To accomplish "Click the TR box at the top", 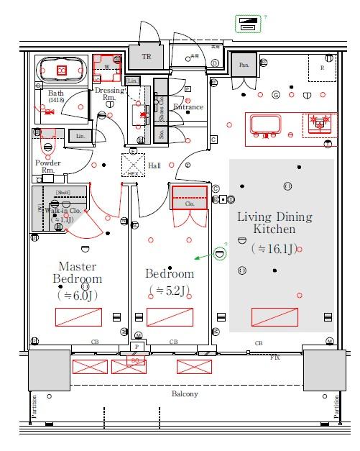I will click(147, 56).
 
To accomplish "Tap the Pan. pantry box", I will click(244, 64).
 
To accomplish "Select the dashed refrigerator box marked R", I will click(322, 68).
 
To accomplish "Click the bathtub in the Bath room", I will click(62, 70).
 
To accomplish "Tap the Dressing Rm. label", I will click(110, 94).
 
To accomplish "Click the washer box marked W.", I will click(107, 65).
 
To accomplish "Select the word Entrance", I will click(189, 107).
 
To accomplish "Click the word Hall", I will click(154, 166).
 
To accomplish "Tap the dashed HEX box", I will click(132, 165).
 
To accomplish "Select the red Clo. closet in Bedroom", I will click(190, 197).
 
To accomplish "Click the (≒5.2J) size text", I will click(170, 291).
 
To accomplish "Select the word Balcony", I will click(185, 394).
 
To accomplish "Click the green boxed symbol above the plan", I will click(249, 23).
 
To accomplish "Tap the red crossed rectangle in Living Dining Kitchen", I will click(274, 316).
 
